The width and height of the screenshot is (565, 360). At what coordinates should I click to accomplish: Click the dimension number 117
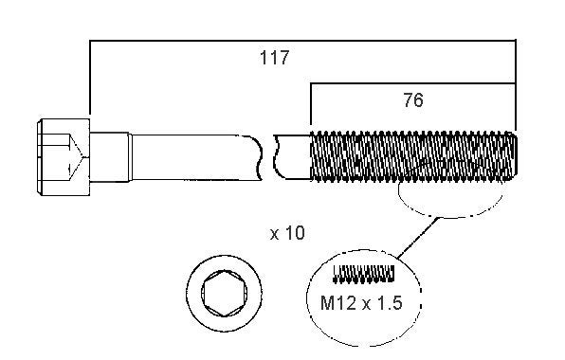274,58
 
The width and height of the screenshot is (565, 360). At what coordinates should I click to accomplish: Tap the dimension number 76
413,99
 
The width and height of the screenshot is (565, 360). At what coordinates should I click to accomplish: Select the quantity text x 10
287,233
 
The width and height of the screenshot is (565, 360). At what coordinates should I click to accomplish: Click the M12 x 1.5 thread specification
361,303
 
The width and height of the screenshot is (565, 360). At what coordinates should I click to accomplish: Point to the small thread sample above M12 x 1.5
363,274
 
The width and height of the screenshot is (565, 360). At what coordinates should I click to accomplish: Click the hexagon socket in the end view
225,294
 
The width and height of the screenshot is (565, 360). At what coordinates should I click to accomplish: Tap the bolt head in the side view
64,157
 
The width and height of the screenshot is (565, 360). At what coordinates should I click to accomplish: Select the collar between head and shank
110,157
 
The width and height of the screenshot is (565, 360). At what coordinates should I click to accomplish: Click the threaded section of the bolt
413,156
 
